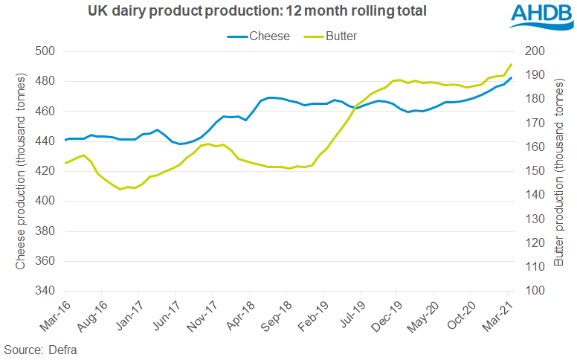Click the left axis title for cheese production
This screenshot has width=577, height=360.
[20, 171]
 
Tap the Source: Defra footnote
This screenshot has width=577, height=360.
[41, 349]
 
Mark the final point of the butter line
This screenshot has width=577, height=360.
[511, 64]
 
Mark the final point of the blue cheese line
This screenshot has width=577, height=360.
[511, 78]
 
